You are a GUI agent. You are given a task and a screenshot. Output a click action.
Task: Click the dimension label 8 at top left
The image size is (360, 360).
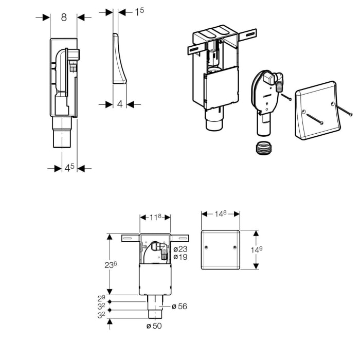point(64,17)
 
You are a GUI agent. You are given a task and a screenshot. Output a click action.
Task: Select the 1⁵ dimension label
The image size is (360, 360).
point(139,12)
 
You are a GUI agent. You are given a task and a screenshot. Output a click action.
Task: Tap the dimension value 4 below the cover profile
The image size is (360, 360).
point(120,104)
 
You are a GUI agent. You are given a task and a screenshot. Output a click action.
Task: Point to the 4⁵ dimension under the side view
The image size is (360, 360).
point(69,168)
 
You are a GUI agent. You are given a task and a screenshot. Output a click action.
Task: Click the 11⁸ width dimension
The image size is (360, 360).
point(155,217)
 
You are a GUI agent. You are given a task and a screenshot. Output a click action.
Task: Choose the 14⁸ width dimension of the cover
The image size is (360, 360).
point(221,214)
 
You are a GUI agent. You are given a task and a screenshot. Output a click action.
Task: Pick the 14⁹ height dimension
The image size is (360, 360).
point(257,249)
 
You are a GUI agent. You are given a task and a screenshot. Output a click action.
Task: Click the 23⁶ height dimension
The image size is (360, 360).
point(111,265)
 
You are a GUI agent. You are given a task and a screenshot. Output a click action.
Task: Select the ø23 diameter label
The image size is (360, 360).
point(181,249)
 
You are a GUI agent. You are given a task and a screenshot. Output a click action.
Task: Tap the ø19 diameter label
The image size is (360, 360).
point(181,257)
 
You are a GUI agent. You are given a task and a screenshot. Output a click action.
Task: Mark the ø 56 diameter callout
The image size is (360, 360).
point(179,307)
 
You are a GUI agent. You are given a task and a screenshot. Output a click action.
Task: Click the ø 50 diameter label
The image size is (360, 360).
point(154,326)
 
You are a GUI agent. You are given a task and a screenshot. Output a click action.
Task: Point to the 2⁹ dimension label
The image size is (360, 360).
point(101,298)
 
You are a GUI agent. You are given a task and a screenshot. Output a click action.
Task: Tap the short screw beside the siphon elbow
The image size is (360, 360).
point(286,97)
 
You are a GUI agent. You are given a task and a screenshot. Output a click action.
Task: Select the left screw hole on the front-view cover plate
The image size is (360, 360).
point(206,247)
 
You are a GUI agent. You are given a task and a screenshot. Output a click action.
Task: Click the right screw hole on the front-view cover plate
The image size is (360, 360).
point(235,247)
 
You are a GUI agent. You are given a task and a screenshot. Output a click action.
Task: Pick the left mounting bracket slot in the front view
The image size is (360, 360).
point(127,238)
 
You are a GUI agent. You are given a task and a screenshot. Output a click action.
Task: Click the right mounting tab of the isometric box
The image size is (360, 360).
point(247,35)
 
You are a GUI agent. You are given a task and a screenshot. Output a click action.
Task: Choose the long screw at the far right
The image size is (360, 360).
point(344,110)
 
